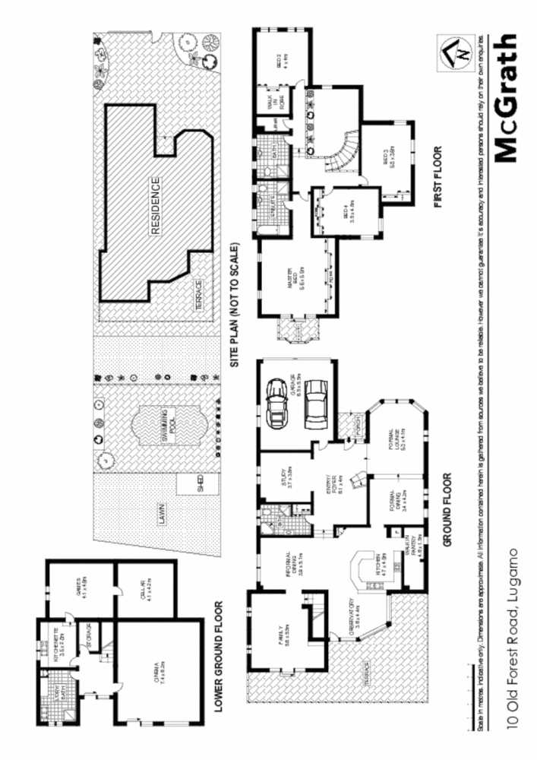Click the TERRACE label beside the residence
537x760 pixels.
click(199, 293)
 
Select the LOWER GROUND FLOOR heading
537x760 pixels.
click(219, 657)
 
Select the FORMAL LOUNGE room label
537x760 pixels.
click(396, 438)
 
